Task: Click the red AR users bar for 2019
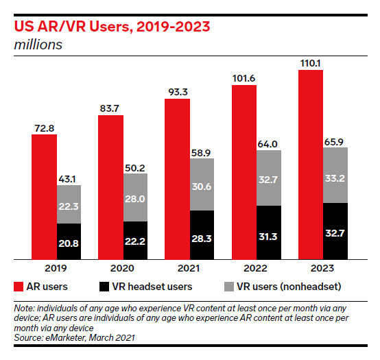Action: coord(44,197)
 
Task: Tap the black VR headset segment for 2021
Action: coord(202,235)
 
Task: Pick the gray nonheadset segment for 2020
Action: coord(135,197)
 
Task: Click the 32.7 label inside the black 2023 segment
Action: coord(335,233)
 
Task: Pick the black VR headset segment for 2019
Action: coord(69,242)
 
